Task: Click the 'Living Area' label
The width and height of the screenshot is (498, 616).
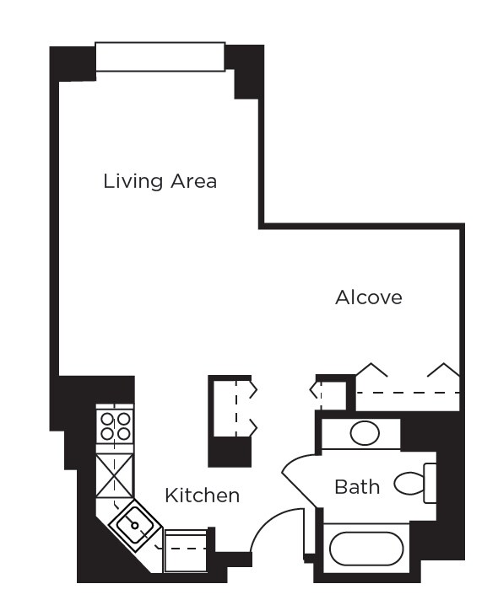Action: tap(160, 181)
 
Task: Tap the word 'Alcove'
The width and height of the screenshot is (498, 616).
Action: tap(368, 297)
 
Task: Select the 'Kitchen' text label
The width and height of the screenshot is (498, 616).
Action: tap(202, 495)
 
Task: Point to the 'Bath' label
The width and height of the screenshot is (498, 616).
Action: tap(357, 486)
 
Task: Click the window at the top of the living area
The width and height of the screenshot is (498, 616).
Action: tap(160, 57)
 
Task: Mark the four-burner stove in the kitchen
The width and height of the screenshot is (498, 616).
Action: tap(114, 426)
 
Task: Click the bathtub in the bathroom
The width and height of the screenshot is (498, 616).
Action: tap(364, 549)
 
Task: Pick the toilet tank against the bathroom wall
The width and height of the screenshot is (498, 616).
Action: tap(430, 483)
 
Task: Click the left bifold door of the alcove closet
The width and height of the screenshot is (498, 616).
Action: tap(371, 370)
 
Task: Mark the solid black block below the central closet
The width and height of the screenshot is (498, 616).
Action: tap(230, 453)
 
